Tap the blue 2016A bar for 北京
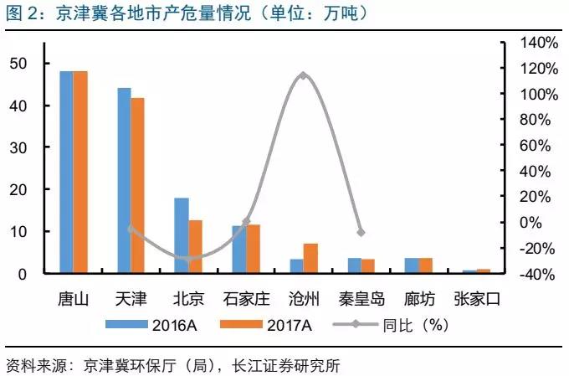pos(182,235)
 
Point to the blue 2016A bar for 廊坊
pos(411,265)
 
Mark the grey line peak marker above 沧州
pos(304,75)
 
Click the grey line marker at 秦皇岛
pos(361,232)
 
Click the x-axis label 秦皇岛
pos(361,298)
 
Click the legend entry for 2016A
pos(163,325)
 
